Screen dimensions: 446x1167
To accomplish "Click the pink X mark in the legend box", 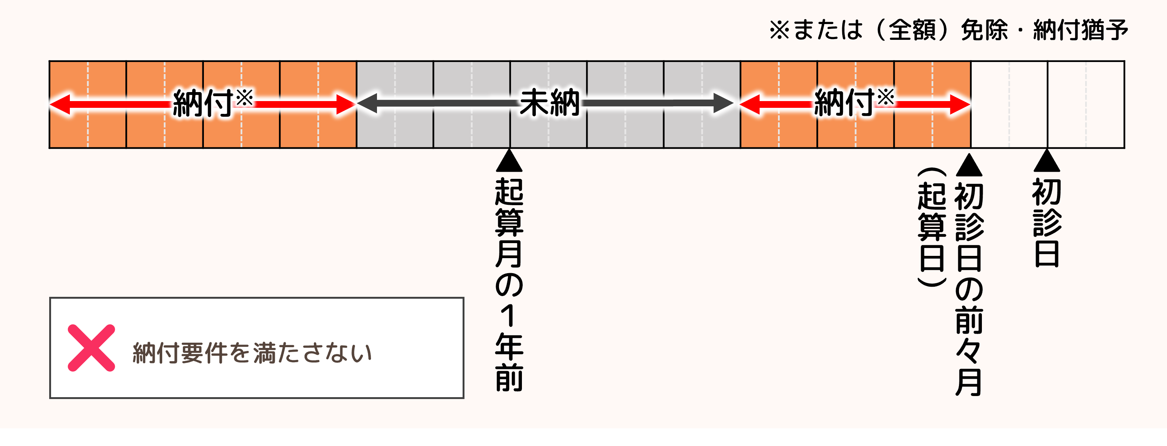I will click(x=91, y=348).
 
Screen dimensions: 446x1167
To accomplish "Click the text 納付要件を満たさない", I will click(x=252, y=353).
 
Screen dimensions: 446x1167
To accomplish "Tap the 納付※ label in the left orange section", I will click(x=212, y=103).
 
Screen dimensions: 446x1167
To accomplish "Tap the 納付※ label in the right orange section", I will click(x=853, y=103).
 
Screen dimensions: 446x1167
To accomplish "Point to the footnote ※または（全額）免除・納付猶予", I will click(x=948, y=30).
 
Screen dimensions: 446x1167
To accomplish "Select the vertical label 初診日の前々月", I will click(x=969, y=289).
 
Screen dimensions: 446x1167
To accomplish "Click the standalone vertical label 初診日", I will click(x=1046, y=222).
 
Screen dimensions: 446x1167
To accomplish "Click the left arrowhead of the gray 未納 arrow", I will click(x=367, y=103).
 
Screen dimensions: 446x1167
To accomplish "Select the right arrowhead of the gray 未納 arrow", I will click(x=723, y=103).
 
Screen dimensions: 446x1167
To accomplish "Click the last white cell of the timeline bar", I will click(x=1086, y=104).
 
